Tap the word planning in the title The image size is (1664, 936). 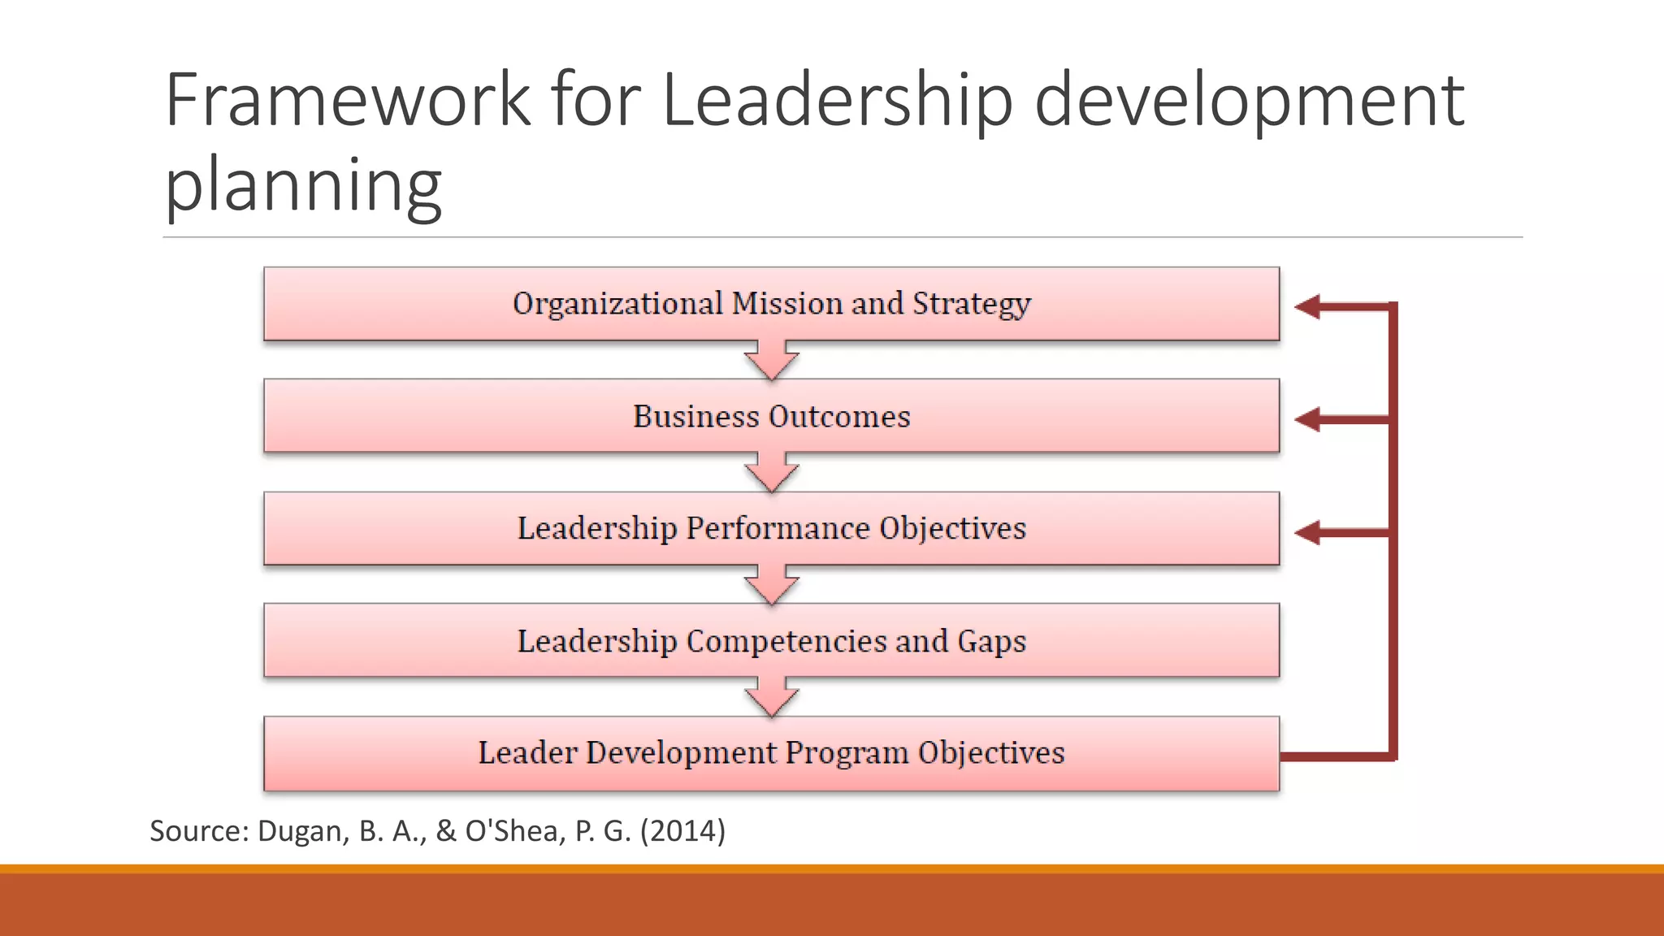tap(303, 184)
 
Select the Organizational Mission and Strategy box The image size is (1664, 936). tap(771, 304)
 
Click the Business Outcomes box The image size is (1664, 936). tap(771, 416)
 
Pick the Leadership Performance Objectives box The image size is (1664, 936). tap(771, 528)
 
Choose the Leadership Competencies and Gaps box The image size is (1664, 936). tap(771, 640)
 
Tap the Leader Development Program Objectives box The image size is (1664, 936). tap(771, 753)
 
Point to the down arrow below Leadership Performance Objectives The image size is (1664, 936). tap(771, 585)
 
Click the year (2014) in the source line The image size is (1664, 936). tap(682, 831)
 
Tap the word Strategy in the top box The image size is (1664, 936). tap(972, 304)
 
